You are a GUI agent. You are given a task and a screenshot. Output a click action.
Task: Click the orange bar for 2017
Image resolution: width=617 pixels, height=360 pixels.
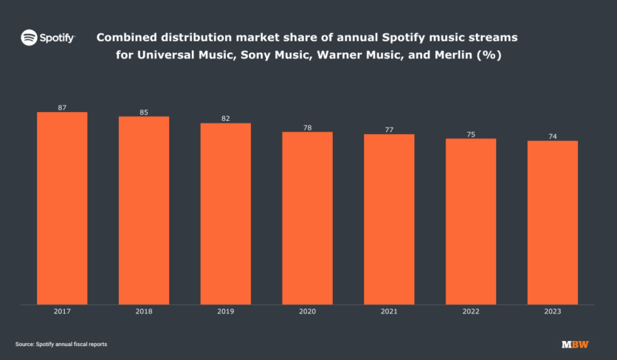pyautogui.click(x=62, y=208)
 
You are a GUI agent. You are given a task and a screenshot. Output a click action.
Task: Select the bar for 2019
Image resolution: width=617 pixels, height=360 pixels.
pyautogui.click(x=226, y=213)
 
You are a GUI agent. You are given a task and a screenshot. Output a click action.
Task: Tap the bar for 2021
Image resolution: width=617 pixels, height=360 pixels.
pyautogui.click(x=389, y=218)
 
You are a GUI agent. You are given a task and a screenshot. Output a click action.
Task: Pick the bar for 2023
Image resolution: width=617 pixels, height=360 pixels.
pyautogui.click(x=552, y=222)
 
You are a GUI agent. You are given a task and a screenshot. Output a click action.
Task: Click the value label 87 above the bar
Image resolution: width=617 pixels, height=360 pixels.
pyautogui.click(x=62, y=108)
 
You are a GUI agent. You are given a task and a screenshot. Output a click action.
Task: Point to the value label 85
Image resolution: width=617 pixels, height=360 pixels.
pyautogui.click(x=144, y=112)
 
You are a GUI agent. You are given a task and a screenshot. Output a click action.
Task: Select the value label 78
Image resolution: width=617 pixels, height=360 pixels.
pyautogui.click(x=307, y=128)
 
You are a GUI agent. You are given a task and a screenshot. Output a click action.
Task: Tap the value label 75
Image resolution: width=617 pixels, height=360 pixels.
pyautogui.click(x=471, y=134)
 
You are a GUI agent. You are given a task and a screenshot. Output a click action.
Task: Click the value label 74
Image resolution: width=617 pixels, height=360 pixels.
pyautogui.click(x=552, y=136)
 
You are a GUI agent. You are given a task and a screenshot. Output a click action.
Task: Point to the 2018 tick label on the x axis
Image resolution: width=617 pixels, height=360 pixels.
pyautogui.click(x=144, y=312)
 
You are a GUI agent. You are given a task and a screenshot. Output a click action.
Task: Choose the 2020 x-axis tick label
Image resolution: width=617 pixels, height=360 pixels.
pyautogui.click(x=307, y=312)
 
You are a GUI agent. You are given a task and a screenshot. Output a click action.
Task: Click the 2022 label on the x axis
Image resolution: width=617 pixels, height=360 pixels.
pyautogui.click(x=471, y=312)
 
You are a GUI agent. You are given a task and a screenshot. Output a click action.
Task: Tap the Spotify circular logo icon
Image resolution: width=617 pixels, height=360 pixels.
pyautogui.click(x=29, y=37)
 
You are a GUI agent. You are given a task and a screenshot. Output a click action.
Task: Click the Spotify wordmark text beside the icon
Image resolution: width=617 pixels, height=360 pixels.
pyautogui.click(x=58, y=37)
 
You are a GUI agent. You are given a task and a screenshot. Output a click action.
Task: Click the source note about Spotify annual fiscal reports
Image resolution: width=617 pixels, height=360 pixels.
pyautogui.click(x=66, y=345)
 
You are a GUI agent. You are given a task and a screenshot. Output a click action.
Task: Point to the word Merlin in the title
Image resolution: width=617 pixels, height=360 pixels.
pyautogui.click(x=439, y=55)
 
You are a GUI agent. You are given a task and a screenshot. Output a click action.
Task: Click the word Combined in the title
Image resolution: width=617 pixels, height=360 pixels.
pyautogui.click(x=126, y=37)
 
